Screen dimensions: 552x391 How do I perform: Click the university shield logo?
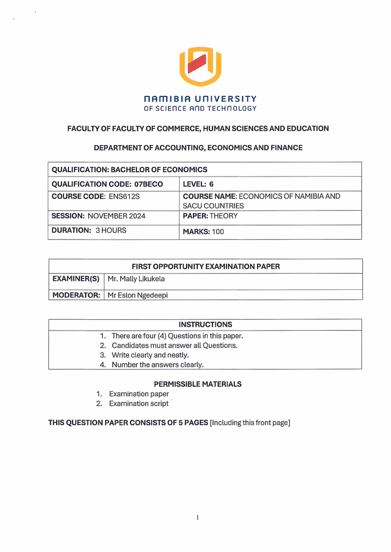pos(200,66)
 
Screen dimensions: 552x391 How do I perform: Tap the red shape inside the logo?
pos(200,63)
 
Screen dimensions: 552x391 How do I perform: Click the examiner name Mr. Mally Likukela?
pos(136,279)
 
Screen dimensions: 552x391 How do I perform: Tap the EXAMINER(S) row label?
pos(76,279)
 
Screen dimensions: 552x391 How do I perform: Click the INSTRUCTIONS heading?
pos(205,325)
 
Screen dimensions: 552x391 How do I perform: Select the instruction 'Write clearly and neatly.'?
pos(150,355)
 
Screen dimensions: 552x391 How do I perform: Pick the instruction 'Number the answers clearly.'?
pos(158,365)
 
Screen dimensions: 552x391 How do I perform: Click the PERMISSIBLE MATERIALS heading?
pos(197,384)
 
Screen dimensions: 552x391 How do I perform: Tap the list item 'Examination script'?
pos(138,403)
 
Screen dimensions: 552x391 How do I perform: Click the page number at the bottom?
pos(197,517)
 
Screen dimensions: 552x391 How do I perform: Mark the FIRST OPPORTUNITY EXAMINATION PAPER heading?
pos(206,266)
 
